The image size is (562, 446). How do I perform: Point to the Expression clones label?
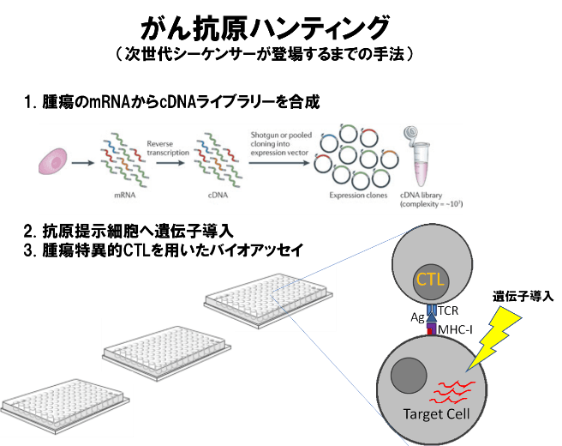[352, 196]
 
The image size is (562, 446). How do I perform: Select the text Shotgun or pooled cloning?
[278, 142]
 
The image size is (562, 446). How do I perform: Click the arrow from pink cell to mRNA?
[82, 161]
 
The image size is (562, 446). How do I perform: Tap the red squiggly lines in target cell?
[451, 391]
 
